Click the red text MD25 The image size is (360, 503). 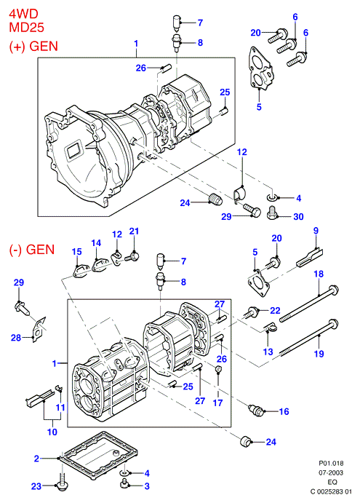pos(26,28)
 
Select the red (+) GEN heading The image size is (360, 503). pos(33,46)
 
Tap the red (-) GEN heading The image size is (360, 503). pos(32,249)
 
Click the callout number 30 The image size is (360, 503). pos(298,217)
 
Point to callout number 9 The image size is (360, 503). pos(316,231)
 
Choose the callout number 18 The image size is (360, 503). pos(319,274)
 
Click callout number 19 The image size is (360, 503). pos(319,354)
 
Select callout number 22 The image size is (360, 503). pos(275,311)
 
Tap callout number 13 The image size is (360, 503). pos(268,352)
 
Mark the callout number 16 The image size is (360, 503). pos(284,411)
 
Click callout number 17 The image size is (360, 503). pos(217,403)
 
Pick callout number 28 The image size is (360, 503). pos(16,338)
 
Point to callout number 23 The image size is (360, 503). pos(36,486)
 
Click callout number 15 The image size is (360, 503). pos(76,252)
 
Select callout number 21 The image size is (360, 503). pos(134,231)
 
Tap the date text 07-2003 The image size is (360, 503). pos(330,473)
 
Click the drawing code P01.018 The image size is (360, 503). pos(331,464)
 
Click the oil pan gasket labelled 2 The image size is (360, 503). pos(100,456)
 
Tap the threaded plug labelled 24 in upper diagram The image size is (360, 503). pos(215,199)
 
